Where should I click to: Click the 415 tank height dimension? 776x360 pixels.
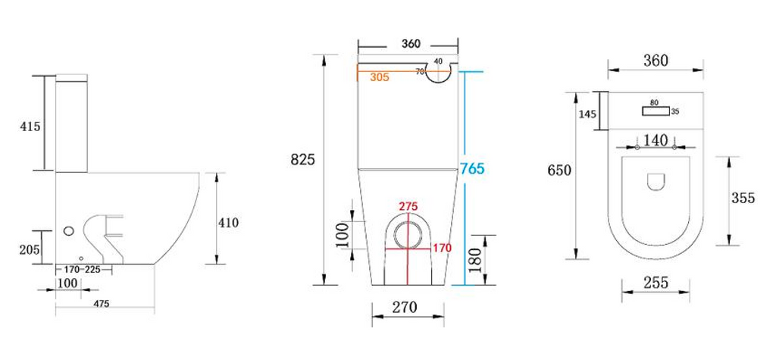[30, 127]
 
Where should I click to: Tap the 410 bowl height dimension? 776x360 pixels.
[229, 223]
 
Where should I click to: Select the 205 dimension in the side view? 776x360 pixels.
[30, 249]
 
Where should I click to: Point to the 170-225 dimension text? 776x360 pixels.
[83, 270]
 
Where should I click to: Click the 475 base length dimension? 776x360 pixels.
[102, 303]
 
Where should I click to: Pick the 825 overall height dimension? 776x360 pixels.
[302, 160]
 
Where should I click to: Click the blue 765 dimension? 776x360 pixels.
[472, 169]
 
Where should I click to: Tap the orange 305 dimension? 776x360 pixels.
[380, 77]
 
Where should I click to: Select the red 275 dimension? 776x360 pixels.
[409, 206]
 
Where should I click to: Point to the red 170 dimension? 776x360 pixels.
[442, 248]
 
